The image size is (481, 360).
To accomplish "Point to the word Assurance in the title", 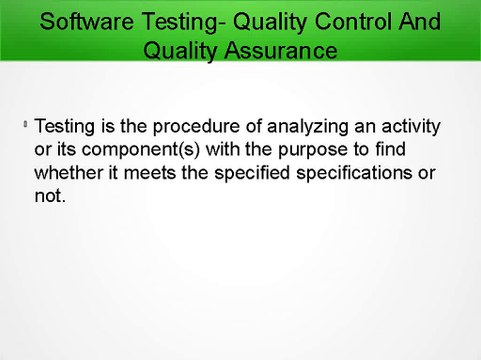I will [x=281, y=49].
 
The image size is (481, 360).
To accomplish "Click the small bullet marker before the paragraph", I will [x=24, y=126].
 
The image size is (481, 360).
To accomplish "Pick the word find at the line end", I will [x=420, y=151].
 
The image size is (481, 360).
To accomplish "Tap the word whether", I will [x=70, y=174].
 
